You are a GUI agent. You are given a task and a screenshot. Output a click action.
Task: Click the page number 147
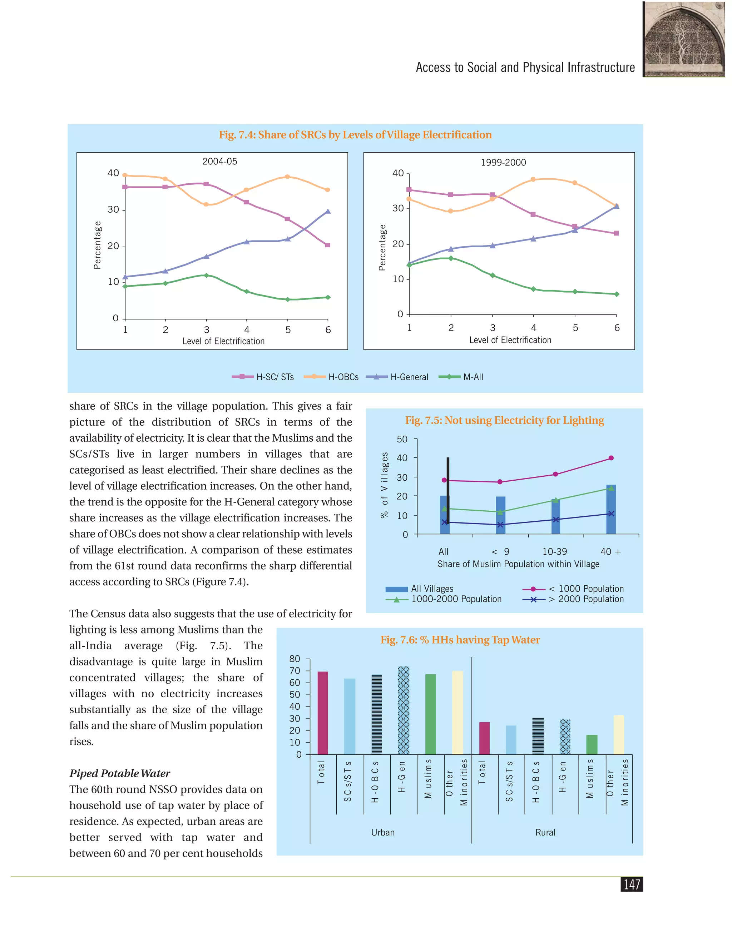[632, 884]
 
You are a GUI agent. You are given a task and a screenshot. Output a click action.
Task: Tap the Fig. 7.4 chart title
[355, 135]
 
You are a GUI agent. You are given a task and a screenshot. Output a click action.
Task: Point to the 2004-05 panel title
[220, 161]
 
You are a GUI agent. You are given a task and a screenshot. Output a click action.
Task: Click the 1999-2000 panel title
[504, 163]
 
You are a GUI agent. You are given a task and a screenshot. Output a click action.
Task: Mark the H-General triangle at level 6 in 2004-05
[328, 211]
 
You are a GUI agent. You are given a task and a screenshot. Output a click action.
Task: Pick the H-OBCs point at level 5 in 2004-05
[287, 177]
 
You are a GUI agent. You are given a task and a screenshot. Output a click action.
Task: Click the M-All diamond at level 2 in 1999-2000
[451, 258]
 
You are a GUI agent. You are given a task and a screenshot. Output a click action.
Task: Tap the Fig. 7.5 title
[504, 420]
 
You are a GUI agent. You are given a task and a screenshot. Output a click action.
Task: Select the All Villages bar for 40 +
[611, 510]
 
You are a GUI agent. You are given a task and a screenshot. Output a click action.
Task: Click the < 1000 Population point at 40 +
[611, 458]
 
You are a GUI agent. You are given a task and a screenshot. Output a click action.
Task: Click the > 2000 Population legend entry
[573, 599]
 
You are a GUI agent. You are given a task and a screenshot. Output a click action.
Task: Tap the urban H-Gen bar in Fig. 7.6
[404, 711]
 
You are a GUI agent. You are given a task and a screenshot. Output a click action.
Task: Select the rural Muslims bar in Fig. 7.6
[592, 744]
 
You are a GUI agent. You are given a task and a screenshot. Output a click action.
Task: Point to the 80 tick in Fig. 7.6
[295, 659]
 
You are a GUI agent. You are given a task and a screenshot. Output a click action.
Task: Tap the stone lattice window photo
[684, 39]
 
